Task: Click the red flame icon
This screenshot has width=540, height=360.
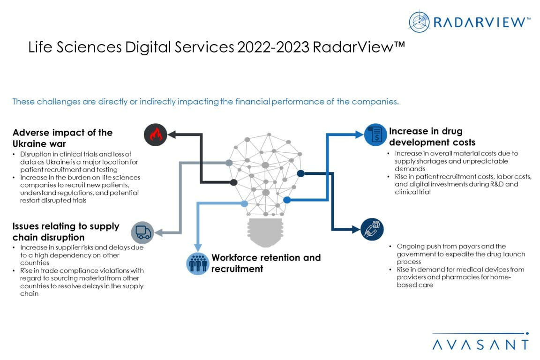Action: [x=155, y=135]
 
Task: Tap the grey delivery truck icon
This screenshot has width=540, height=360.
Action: [x=142, y=232]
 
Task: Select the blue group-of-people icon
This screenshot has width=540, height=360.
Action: [x=197, y=263]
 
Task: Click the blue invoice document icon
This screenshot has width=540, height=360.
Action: [x=375, y=135]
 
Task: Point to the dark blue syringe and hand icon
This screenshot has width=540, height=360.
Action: [x=372, y=230]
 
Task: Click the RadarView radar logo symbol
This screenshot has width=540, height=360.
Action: [x=420, y=22]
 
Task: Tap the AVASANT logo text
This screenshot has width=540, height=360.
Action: [x=480, y=345]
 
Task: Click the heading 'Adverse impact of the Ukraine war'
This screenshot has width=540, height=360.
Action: [x=62, y=138]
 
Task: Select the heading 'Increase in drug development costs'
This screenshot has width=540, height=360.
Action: [x=432, y=136]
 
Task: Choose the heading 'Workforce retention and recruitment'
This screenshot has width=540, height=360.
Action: [x=266, y=263]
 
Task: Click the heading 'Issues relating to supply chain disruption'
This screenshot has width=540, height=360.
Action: [x=66, y=232]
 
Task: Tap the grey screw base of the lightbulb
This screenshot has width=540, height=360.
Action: [x=266, y=232]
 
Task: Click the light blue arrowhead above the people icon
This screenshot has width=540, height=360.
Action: [x=197, y=247]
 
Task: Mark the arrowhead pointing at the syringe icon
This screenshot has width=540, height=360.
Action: [x=356, y=230]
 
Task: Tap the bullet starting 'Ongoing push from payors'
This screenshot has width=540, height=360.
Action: [x=457, y=254]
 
